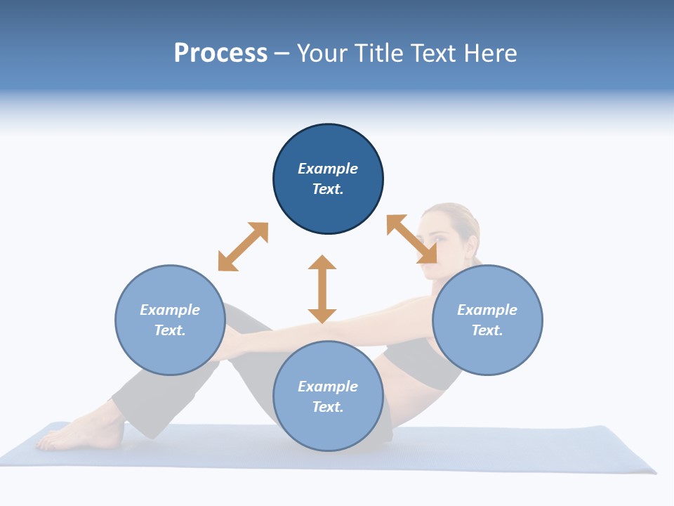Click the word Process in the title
[x=220, y=53]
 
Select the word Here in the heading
[x=489, y=53]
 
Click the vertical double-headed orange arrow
[x=322, y=289]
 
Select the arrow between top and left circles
[x=243, y=247]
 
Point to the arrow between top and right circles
[x=411, y=239]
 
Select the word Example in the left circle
[x=170, y=310]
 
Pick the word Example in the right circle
[x=487, y=310]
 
